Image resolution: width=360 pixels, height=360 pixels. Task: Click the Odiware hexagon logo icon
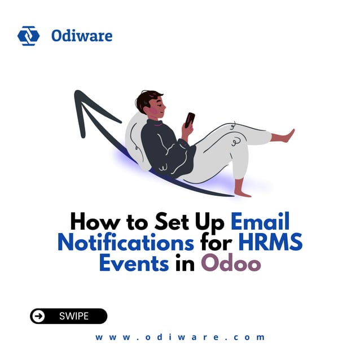[28, 36]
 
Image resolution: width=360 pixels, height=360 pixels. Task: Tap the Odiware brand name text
[81, 36]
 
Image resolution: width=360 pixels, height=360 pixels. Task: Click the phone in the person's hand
[190, 119]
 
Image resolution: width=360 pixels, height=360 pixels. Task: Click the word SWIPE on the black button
[74, 316]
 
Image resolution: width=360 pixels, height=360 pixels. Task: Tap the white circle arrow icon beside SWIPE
[38, 316]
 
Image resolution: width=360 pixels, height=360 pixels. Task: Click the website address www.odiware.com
[180, 337]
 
